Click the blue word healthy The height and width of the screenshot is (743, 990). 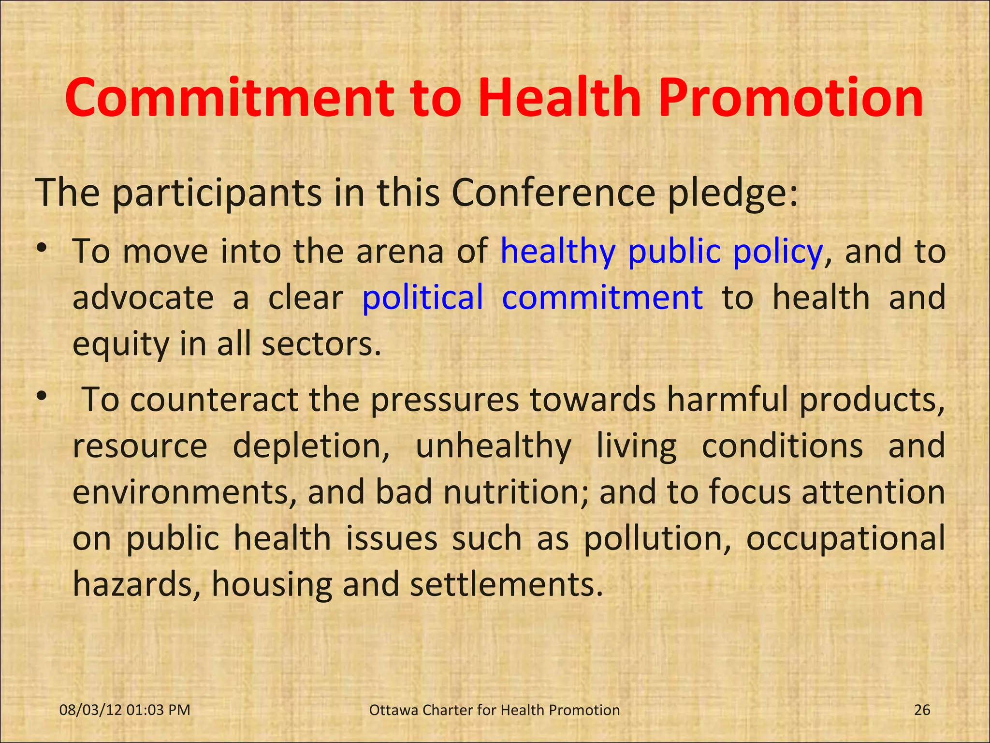click(558, 253)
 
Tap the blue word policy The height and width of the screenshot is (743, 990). click(777, 253)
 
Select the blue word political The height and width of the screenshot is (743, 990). click(422, 297)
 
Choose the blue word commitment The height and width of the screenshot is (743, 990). click(602, 297)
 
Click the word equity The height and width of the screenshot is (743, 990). click(121, 345)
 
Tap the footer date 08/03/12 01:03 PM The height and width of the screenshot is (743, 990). click(125, 710)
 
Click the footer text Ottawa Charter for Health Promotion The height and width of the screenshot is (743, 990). click(494, 710)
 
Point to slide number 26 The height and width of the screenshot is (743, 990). click(922, 710)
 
